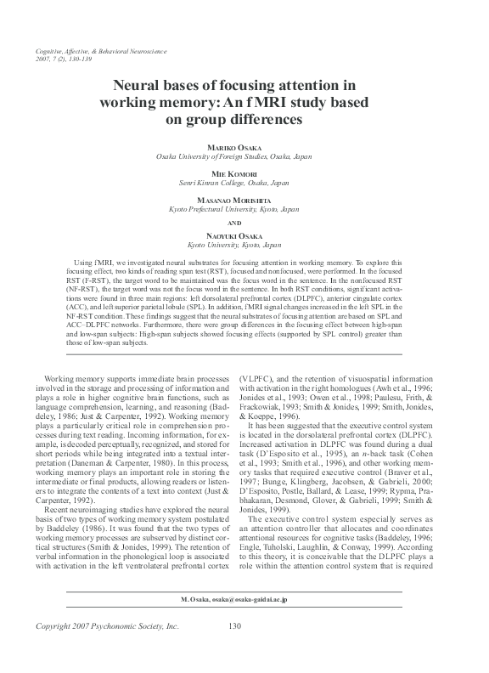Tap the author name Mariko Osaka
(244, 147)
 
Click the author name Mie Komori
(244, 172)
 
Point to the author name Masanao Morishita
(244, 198)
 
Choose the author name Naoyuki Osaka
(244, 235)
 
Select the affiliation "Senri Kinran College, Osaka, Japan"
(244, 183)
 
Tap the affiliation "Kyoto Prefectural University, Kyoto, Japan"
(244, 208)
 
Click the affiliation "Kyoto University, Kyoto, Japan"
(244, 245)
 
